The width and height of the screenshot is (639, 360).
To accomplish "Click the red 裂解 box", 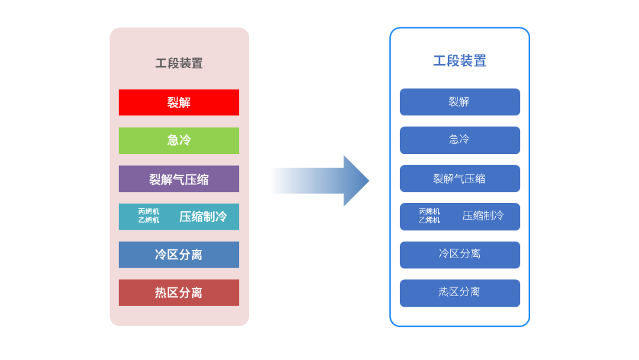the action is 179,102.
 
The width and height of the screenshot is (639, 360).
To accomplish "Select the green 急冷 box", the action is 179,141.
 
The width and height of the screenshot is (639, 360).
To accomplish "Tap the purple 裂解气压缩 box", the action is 179,179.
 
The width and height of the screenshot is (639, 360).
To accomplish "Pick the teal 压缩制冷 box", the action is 179,217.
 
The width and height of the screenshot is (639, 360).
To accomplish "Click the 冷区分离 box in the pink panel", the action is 179,255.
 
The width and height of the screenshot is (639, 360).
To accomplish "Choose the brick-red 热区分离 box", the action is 179,292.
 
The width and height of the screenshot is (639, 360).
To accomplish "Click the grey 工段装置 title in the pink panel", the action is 179,63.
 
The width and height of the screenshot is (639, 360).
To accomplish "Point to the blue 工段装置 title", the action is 460,61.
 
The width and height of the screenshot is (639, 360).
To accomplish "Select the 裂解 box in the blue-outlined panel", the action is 460,102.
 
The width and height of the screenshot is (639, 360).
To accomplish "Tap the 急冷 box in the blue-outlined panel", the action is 460,140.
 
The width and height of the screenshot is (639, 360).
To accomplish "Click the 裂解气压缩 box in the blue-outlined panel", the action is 460,179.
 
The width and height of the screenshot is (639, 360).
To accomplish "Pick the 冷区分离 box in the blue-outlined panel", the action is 460,255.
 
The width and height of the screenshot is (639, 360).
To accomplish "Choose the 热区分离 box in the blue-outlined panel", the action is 460,293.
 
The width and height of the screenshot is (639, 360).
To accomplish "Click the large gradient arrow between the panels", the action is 320,181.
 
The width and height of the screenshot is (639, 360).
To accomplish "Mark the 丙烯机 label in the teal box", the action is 149,211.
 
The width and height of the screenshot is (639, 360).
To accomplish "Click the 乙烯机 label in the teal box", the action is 149,220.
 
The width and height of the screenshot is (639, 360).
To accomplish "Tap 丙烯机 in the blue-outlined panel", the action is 430,211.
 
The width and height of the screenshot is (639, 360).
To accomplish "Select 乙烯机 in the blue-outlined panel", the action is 430,220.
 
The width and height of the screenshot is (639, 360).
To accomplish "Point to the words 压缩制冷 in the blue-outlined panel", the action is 483,216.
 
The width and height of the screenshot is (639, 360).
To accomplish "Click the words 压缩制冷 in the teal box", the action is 203,217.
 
